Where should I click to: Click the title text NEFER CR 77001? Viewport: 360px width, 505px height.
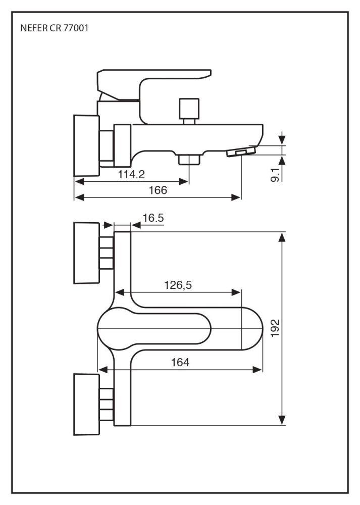pos(55,29)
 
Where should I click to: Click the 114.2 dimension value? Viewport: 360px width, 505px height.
pos(131,175)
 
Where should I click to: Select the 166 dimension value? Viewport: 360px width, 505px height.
pos(157,190)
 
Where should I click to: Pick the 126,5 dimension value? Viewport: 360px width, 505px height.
pos(178,285)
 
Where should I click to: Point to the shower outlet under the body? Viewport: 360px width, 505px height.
pos(189,160)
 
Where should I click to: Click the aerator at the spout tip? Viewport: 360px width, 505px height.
pos(241,152)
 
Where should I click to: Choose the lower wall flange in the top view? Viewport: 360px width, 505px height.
pos(86,404)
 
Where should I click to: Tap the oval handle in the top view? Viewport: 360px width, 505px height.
pos(154,330)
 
